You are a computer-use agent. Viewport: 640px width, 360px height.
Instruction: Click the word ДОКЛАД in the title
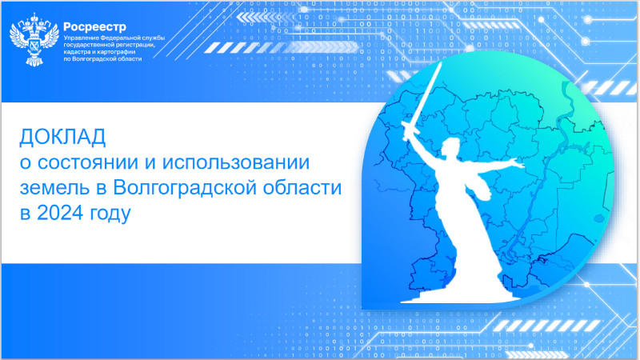point(63,137)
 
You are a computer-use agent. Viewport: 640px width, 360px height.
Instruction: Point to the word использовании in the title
point(236,162)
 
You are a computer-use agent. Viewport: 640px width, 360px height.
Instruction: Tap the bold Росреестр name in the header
point(94,27)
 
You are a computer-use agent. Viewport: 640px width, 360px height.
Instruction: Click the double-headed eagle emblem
point(34,39)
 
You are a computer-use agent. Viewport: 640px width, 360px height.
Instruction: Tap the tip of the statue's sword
point(441,62)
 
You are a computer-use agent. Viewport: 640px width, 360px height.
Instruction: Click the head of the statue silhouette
point(451,146)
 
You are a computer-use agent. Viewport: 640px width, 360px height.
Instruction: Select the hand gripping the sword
point(406,130)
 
